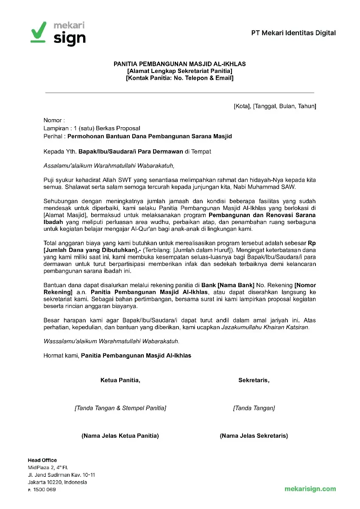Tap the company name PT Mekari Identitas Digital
coord(293,33)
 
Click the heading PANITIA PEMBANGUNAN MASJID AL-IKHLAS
coord(179,64)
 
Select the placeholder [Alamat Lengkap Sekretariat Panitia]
coord(179,71)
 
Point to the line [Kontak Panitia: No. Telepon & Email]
coord(179,78)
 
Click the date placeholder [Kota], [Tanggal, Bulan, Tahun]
coord(275,106)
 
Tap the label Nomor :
coord(54,120)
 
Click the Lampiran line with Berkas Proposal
coord(92,128)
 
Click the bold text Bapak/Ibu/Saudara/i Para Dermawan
coord(131,151)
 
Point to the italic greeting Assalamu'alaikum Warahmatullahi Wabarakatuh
coord(109,165)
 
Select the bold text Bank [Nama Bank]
coord(228,285)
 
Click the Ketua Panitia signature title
coord(120,380)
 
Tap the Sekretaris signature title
coord(254,380)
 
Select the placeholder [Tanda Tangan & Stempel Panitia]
coord(120,408)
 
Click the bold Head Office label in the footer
coord(42,460)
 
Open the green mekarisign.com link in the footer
coord(310,489)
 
